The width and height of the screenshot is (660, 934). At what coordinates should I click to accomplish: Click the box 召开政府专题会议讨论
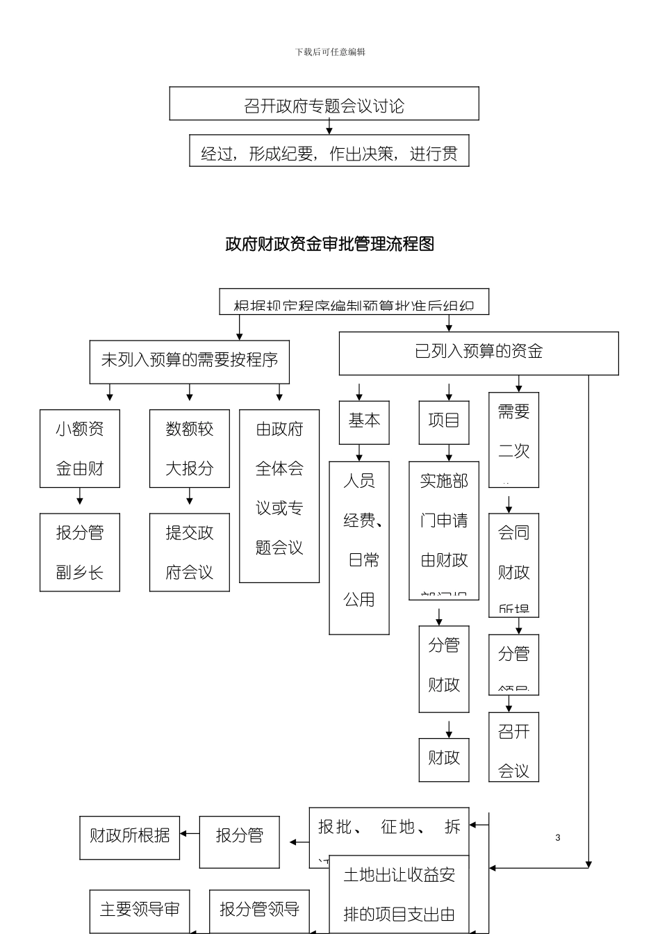(x=324, y=104)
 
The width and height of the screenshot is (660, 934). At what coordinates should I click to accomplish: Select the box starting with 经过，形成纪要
(x=329, y=151)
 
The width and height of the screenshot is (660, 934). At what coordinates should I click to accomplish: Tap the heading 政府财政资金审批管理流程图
(x=330, y=244)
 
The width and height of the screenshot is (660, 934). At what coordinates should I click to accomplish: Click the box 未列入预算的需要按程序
(x=189, y=361)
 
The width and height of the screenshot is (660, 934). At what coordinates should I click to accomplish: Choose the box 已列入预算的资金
(x=478, y=352)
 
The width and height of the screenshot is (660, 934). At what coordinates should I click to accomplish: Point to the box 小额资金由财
(x=80, y=448)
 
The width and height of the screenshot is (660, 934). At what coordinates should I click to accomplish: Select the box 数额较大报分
(x=189, y=448)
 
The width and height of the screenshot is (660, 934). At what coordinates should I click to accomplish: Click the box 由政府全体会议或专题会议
(x=279, y=495)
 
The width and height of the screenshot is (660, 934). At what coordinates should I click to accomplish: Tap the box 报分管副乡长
(x=80, y=552)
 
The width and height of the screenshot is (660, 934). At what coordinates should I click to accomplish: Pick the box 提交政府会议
(x=189, y=552)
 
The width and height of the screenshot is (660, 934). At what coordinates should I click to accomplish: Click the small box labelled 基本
(x=364, y=422)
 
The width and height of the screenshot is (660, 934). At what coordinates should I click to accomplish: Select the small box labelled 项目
(x=444, y=422)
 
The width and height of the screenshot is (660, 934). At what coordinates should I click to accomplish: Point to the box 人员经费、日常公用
(x=359, y=548)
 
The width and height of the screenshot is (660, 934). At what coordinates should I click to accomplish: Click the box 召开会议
(x=513, y=747)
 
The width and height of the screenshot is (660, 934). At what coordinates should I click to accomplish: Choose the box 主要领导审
(x=140, y=910)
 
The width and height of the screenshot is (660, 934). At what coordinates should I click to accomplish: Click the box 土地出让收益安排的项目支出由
(x=399, y=895)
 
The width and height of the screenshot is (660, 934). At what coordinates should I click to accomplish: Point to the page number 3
(x=558, y=838)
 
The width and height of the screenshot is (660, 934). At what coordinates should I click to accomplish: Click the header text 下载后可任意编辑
(x=330, y=52)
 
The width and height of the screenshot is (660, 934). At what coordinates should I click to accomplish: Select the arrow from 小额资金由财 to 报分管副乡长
(x=80, y=496)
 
